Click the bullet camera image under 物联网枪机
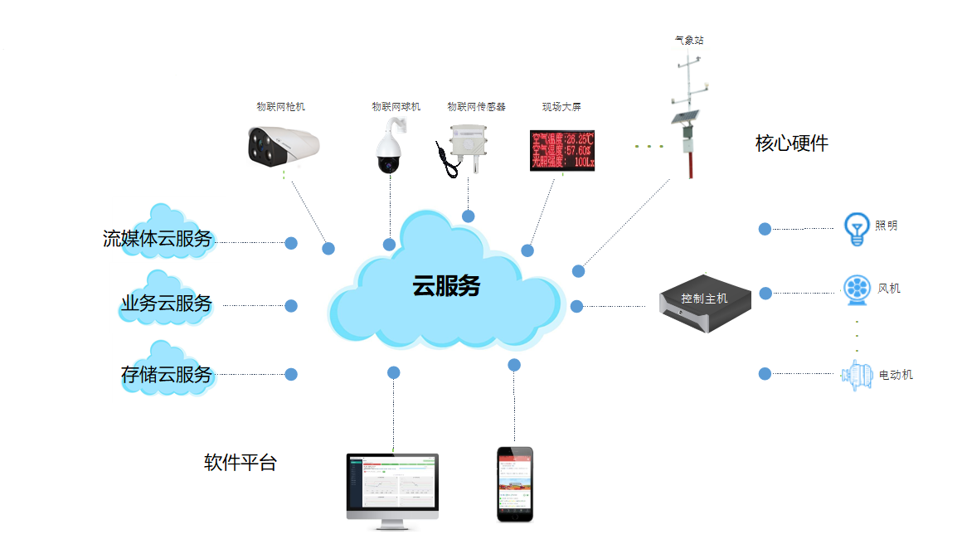[x=284, y=144]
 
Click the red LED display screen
[x=562, y=150]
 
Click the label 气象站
[x=690, y=40]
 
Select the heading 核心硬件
[x=791, y=143]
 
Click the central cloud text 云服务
[x=446, y=286]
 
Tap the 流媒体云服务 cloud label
[x=158, y=240]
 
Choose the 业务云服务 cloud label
[x=166, y=304]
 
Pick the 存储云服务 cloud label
[x=167, y=375]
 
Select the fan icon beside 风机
[x=856, y=289]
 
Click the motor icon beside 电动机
[x=857, y=375]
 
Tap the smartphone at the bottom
[x=514, y=484]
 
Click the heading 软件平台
[x=240, y=463]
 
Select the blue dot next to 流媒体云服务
[x=291, y=243]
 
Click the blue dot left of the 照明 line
[x=765, y=229]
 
